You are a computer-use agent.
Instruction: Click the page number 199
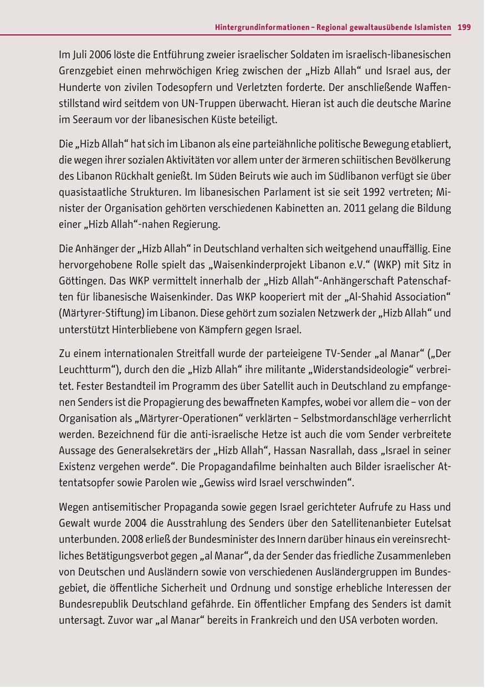click(464, 27)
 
